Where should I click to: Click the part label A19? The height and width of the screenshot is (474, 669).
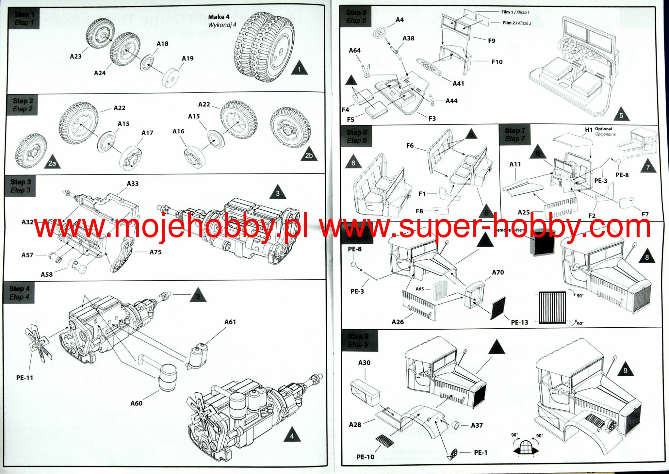[x=188, y=58]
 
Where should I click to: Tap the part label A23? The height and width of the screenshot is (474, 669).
[x=75, y=57]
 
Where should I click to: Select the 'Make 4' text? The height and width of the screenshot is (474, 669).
[x=219, y=17]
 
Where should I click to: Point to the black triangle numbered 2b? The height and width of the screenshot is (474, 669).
[x=309, y=155]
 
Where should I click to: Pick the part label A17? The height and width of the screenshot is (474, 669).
[x=147, y=133]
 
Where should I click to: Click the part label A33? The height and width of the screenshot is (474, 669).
[x=133, y=184]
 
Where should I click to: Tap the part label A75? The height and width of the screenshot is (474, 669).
[x=155, y=252]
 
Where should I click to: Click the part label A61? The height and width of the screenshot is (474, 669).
[x=230, y=322]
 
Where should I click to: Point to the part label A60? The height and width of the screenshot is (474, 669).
[x=136, y=403]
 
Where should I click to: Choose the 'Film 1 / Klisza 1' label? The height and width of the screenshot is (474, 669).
[x=515, y=12]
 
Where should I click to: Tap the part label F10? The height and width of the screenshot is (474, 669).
[x=497, y=62]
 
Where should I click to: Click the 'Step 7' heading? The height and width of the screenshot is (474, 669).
[x=515, y=131]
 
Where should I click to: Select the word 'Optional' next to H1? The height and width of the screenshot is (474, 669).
[x=603, y=129]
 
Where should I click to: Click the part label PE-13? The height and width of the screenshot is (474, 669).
[x=519, y=322]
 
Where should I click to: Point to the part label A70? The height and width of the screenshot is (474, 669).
[x=498, y=272]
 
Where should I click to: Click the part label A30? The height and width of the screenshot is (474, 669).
[x=364, y=363]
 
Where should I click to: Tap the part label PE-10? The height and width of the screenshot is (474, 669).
[x=365, y=457]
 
